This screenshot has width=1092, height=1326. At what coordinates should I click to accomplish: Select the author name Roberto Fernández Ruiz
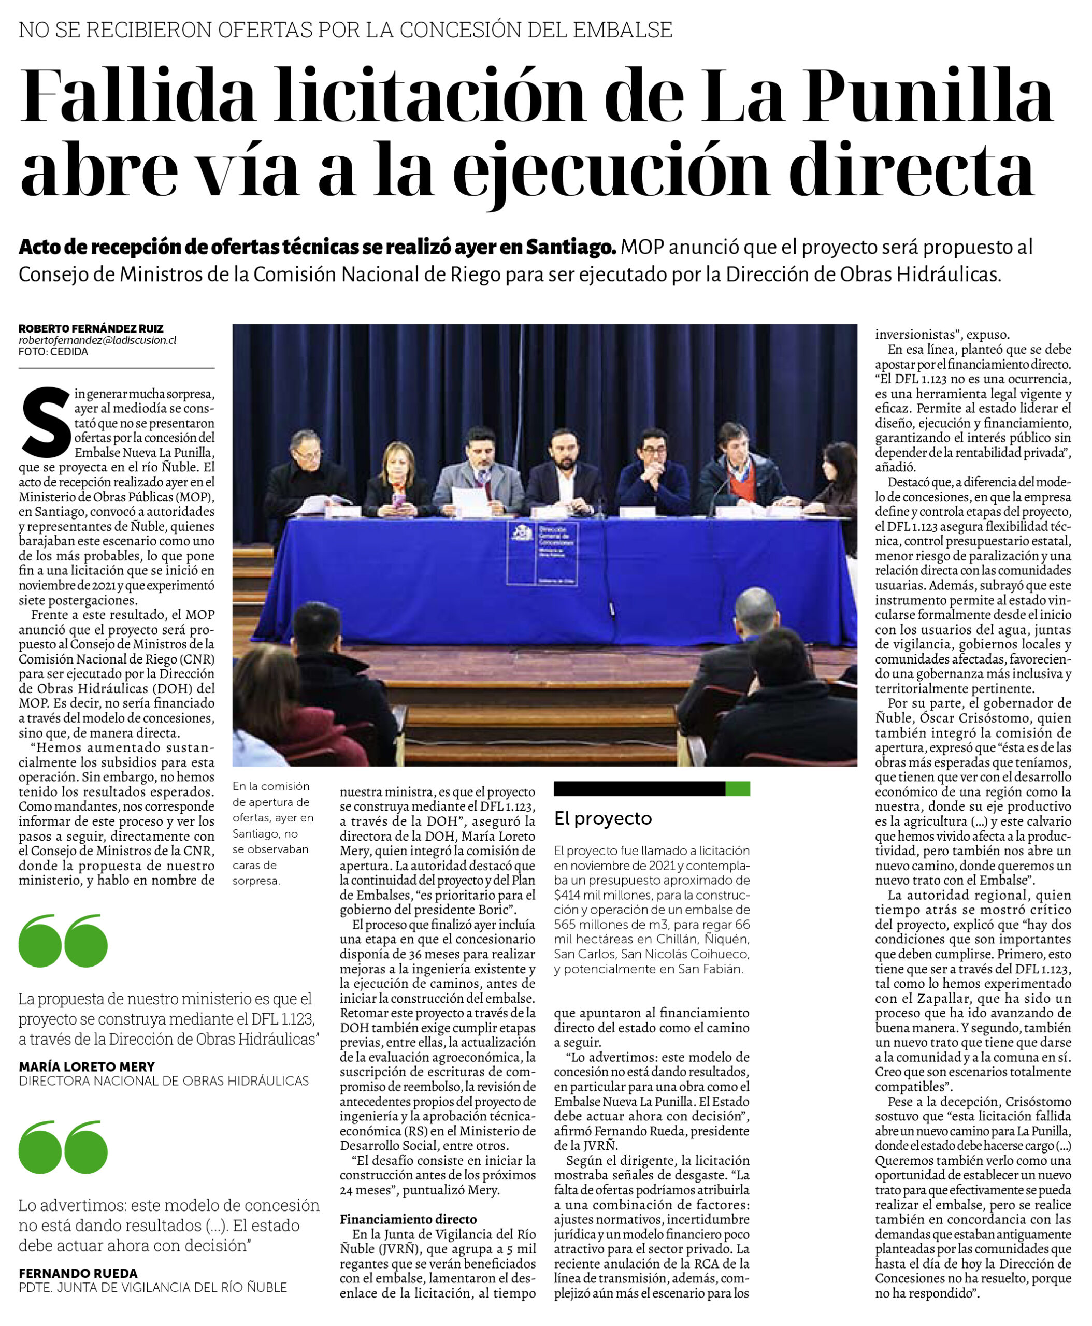click(91, 328)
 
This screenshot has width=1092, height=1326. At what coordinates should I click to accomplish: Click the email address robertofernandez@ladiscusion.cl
click(97, 340)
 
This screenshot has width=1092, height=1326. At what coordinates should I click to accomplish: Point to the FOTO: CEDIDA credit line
click(53, 352)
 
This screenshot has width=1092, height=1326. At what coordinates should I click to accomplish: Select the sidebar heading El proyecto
click(602, 818)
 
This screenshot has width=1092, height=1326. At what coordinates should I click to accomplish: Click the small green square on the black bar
click(737, 789)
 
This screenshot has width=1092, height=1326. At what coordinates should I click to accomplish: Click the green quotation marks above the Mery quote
click(63, 941)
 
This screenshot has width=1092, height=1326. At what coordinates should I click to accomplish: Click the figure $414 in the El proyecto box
click(568, 895)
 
